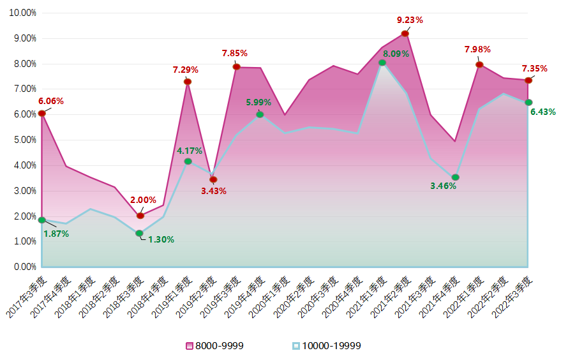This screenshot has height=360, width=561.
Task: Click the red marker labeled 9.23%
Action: click(405, 33)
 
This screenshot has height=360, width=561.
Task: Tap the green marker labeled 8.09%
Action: click(382, 63)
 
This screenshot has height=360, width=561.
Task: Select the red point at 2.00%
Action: click(140, 216)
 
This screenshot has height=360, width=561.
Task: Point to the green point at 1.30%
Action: click(140, 234)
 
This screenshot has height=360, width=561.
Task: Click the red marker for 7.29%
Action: click(188, 82)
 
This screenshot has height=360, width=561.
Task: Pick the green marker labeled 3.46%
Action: click(455, 177)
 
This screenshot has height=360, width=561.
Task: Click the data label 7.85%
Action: click(234, 53)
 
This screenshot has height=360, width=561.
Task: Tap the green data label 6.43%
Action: click(543, 112)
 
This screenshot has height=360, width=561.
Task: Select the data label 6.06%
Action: click(51, 101)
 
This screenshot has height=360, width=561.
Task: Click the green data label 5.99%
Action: click(258, 102)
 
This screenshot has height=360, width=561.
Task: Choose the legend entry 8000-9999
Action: click(214, 346)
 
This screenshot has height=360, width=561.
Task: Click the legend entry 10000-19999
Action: click(326, 346)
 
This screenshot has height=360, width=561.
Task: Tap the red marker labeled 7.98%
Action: click(479, 64)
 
